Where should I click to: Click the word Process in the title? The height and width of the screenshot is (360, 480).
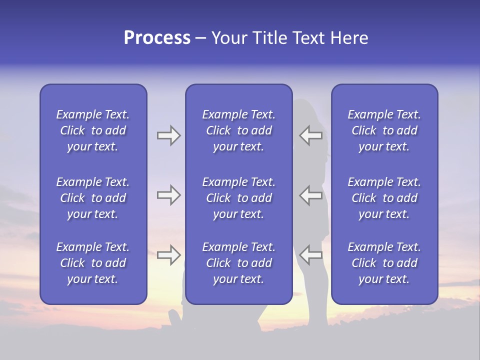click(x=157, y=38)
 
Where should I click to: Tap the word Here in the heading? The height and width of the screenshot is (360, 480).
click(x=349, y=38)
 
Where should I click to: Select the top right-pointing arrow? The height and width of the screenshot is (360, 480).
click(x=168, y=135)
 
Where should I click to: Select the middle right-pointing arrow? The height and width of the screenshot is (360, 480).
click(x=168, y=195)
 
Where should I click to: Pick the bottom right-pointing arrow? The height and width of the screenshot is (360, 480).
click(x=168, y=255)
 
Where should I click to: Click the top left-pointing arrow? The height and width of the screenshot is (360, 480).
click(x=311, y=135)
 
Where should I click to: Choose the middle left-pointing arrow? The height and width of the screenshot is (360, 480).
click(x=311, y=195)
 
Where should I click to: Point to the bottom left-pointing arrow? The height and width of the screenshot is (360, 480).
click(x=311, y=255)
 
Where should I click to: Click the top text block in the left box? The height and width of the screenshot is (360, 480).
click(x=93, y=130)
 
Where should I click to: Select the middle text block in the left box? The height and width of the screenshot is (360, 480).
click(x=93, y=198)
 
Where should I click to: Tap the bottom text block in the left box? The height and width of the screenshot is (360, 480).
click(x=93, y=263)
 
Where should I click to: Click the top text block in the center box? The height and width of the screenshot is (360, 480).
click(x=239, y=130)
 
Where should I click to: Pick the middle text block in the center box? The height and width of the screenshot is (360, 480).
click(x=239, y=198)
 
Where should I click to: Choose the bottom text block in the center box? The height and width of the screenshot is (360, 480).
click(x=239, y=263)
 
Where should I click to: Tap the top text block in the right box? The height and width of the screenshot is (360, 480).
click(x=384, y=130)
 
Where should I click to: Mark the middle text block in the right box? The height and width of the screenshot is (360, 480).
click(x=384, y=198)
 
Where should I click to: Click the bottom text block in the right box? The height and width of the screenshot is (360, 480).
click(x=384, y=263)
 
